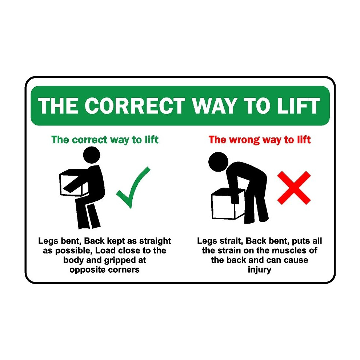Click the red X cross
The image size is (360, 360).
point(294,188)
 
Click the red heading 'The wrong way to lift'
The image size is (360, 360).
point(260,140)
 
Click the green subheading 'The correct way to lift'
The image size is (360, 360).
point(105,140)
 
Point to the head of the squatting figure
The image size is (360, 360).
point(92,155)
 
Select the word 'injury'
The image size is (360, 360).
point(260,270)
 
